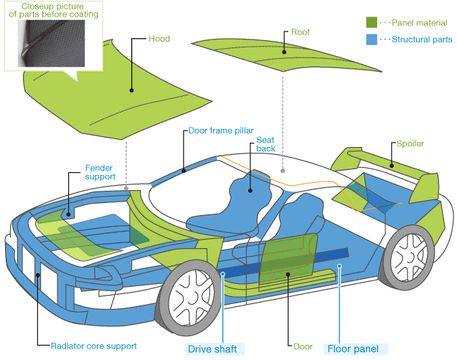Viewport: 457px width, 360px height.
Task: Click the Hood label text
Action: coord(159,38)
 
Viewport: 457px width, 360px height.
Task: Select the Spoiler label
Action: coord(410,143)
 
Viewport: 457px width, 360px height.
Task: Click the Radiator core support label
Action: coord(93,346)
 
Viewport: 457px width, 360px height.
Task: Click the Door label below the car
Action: coord(303,346)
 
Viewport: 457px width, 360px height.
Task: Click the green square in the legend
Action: coord(372,23)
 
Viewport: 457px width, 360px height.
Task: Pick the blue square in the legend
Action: coord(372,40)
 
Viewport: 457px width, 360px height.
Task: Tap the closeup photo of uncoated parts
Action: coord(50,43)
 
